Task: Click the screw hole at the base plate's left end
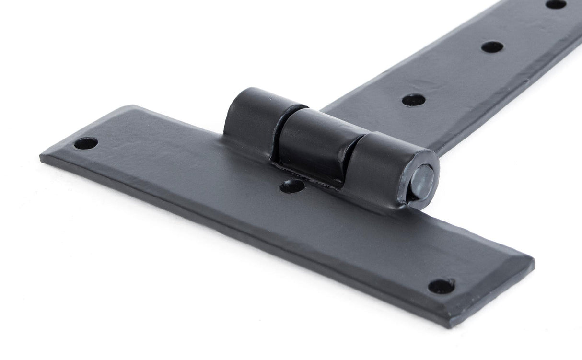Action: click(86, 143)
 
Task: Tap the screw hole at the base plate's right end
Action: click(441, 286)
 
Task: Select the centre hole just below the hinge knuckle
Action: click(292, 186)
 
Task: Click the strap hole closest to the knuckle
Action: click(414, 100)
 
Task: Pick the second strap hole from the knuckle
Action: click(492, 47)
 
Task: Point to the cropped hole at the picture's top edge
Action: click(556, 4)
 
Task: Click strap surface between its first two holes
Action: click(453, 74)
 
